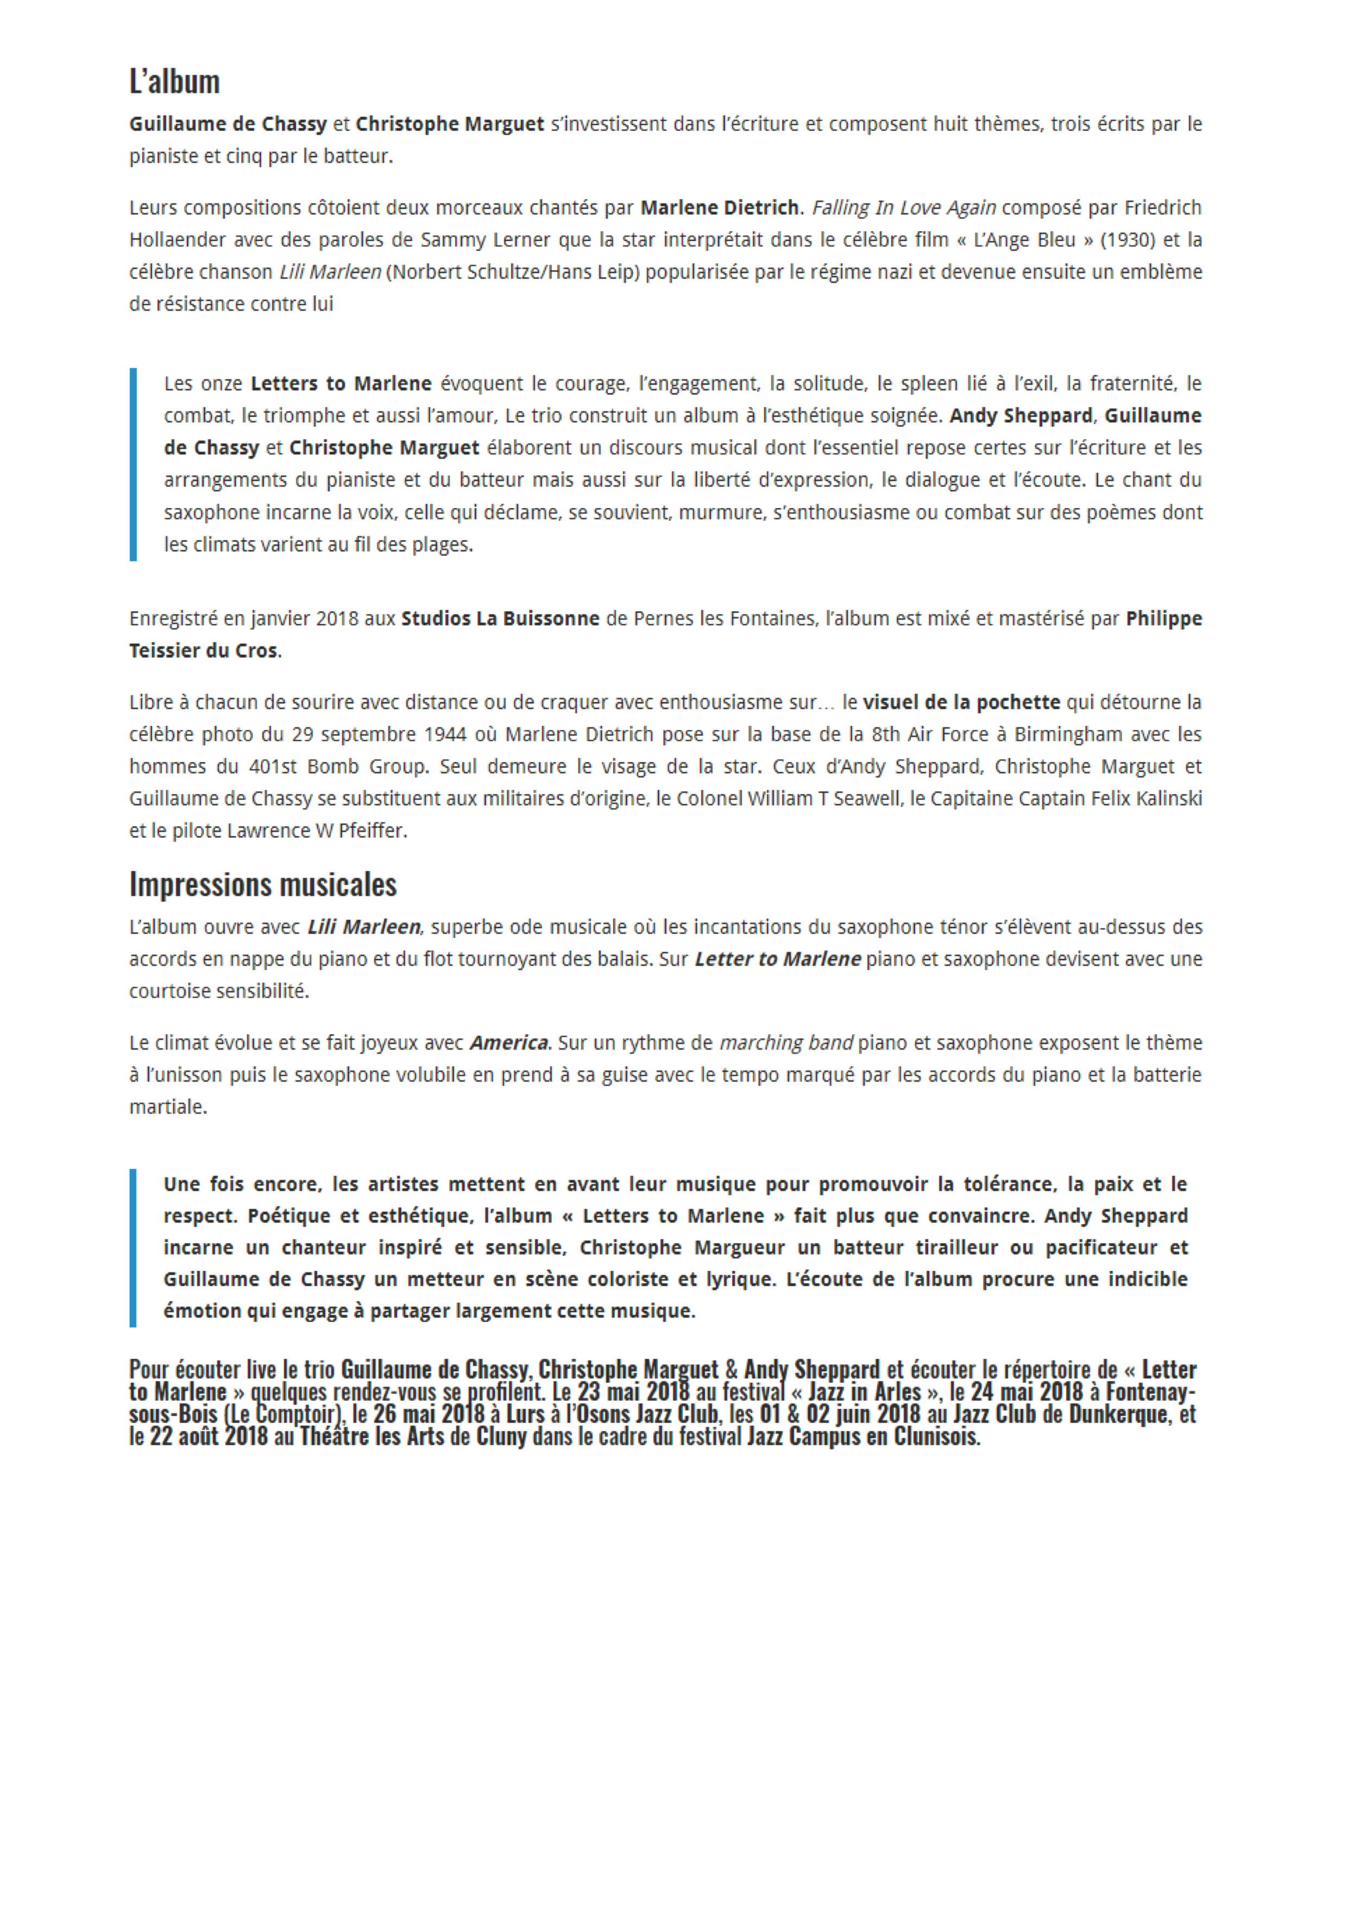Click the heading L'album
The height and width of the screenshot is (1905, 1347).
(174, 82)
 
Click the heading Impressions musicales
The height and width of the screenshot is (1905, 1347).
(262, 884)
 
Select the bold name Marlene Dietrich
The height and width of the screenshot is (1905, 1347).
(719, 207)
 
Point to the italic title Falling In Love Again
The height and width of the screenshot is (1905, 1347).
(904, 207)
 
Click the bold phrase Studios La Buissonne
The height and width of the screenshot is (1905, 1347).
(500, 619)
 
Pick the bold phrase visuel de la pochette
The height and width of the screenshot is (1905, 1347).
(961, 702)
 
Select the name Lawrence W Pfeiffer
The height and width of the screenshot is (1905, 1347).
(316, 831)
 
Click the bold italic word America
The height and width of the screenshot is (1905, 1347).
(509, 1043)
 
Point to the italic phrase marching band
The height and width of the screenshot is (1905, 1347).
(786, 1043)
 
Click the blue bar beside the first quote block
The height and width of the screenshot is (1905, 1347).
(133, 465)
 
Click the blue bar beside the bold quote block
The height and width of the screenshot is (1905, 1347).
(133, 1247)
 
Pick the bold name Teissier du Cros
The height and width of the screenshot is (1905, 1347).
(203, 651)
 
